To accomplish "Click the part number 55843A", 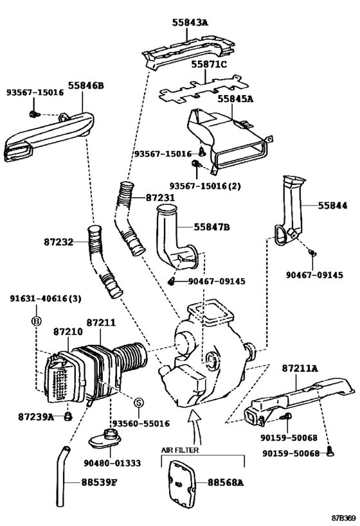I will [190, 22].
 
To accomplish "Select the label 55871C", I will [208, 65].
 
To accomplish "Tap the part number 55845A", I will [235, 99].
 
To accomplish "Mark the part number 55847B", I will [212, 227].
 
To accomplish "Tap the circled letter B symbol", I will [37, 320].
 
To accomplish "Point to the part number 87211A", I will [300, 369].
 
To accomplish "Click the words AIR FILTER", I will [179, 451].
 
